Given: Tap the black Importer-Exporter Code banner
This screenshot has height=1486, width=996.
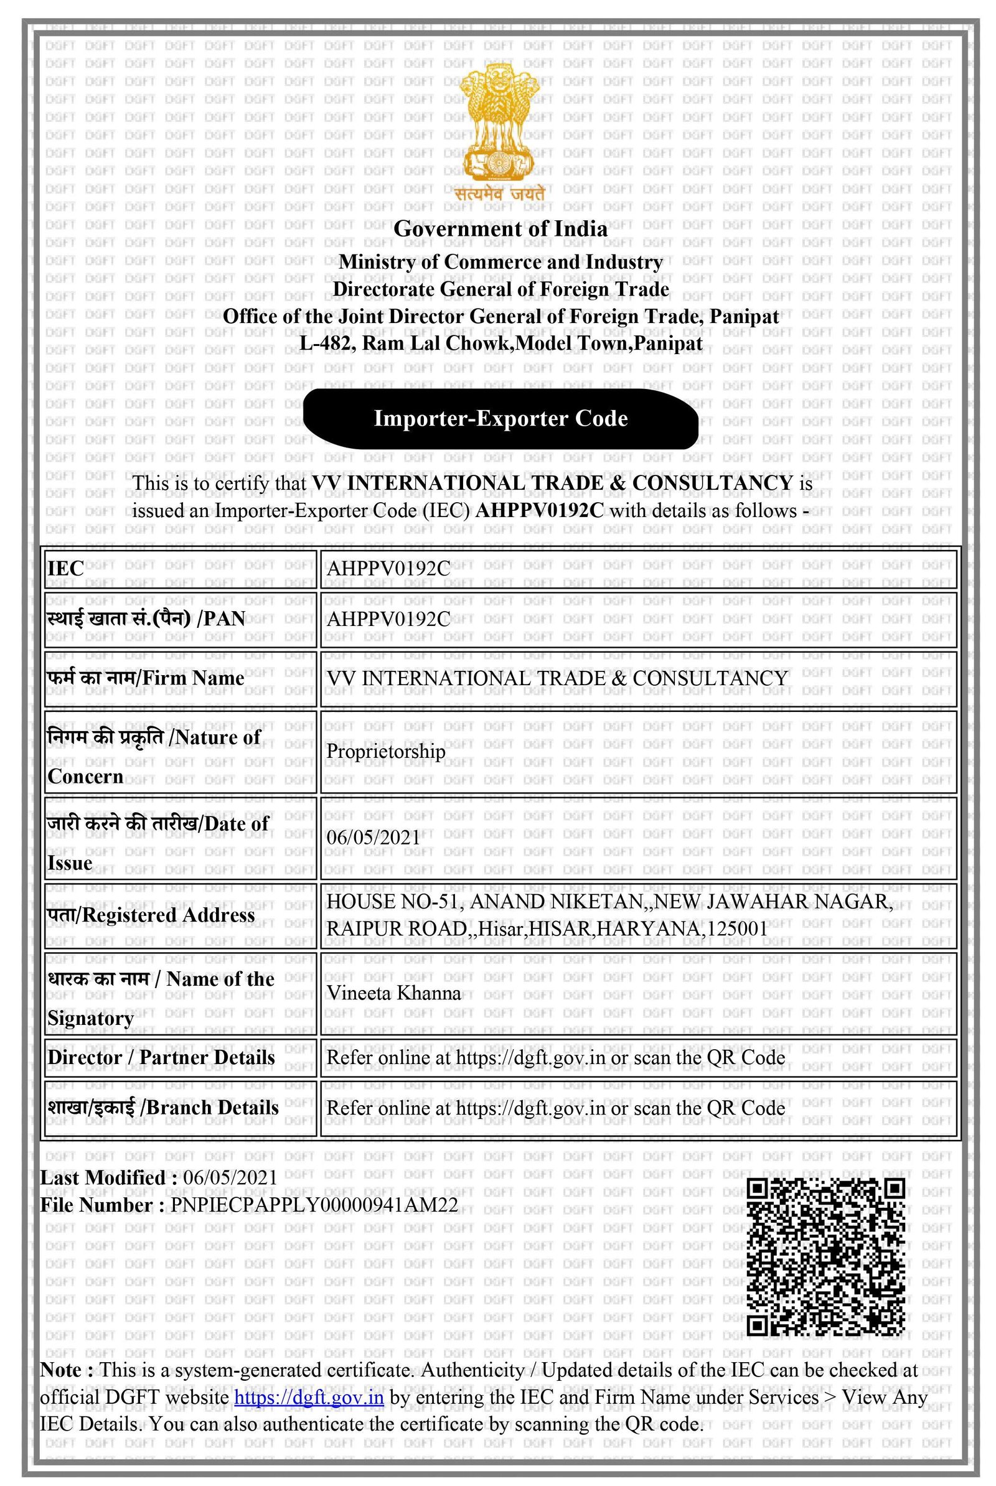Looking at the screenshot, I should (x=500, y=419).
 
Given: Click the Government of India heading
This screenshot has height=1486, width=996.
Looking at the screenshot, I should (x=500, y=228).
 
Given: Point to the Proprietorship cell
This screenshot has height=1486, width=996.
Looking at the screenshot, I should (x=385, y=751).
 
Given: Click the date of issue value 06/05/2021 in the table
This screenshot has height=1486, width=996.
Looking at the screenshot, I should (x=374, y=837).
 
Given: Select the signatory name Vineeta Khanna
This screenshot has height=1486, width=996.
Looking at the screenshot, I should (x=393, y=993).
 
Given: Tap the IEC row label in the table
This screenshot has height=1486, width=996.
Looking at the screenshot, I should (x=65, y=568).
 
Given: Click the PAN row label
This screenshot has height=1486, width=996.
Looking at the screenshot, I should (x=146, y=619).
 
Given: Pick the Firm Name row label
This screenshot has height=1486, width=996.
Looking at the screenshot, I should (x=146, y=678).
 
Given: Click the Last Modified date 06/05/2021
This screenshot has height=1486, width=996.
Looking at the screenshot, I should (x=230, y=1177).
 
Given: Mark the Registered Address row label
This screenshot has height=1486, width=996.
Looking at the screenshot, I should (x=151, y=915).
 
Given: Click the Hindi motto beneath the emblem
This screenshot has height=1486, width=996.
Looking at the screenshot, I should (x=500, y=194).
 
